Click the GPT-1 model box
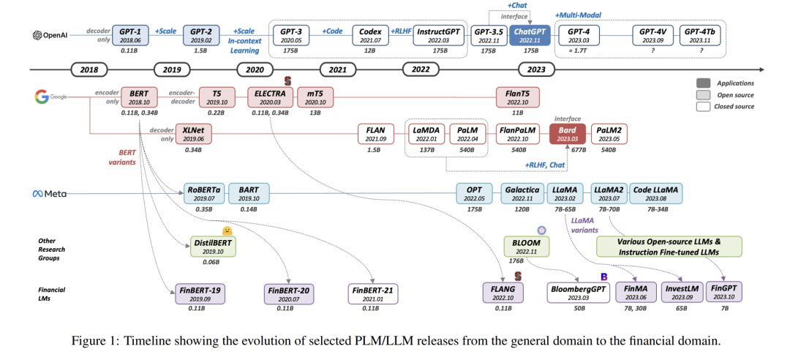click(x=130, y=36)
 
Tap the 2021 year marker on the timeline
click(x=337, y=70)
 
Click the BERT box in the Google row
click(x=138, y=99)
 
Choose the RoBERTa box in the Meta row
click(x=200, y=193)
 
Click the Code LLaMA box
click(x=655, y=193)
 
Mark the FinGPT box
click(x=723, y=294)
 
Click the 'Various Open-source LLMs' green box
click(x=669, y=245)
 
